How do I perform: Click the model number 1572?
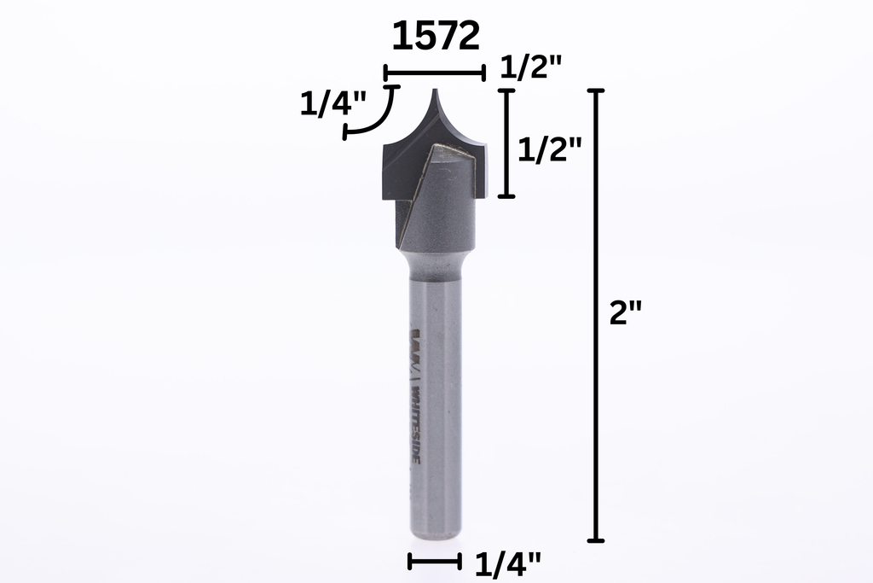(436, 37)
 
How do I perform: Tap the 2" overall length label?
(626, 313)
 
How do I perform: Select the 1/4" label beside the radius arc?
(333, 105)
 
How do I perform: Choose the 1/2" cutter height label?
(550, 150)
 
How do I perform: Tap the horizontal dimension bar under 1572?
(435, 73)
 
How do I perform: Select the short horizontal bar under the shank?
(435, 561)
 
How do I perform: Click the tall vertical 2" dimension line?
(596, 316)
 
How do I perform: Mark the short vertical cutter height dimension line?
(506, 143)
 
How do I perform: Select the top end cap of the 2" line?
(596, 90)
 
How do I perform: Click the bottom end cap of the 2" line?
(596, 540)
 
